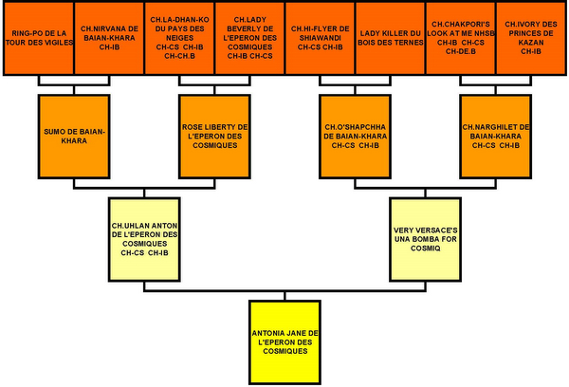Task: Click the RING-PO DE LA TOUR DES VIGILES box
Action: [x=37, y=38]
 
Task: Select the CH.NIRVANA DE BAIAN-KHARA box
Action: [x=107, y=38]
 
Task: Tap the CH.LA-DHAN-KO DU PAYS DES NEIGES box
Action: [x=178, y=38]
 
